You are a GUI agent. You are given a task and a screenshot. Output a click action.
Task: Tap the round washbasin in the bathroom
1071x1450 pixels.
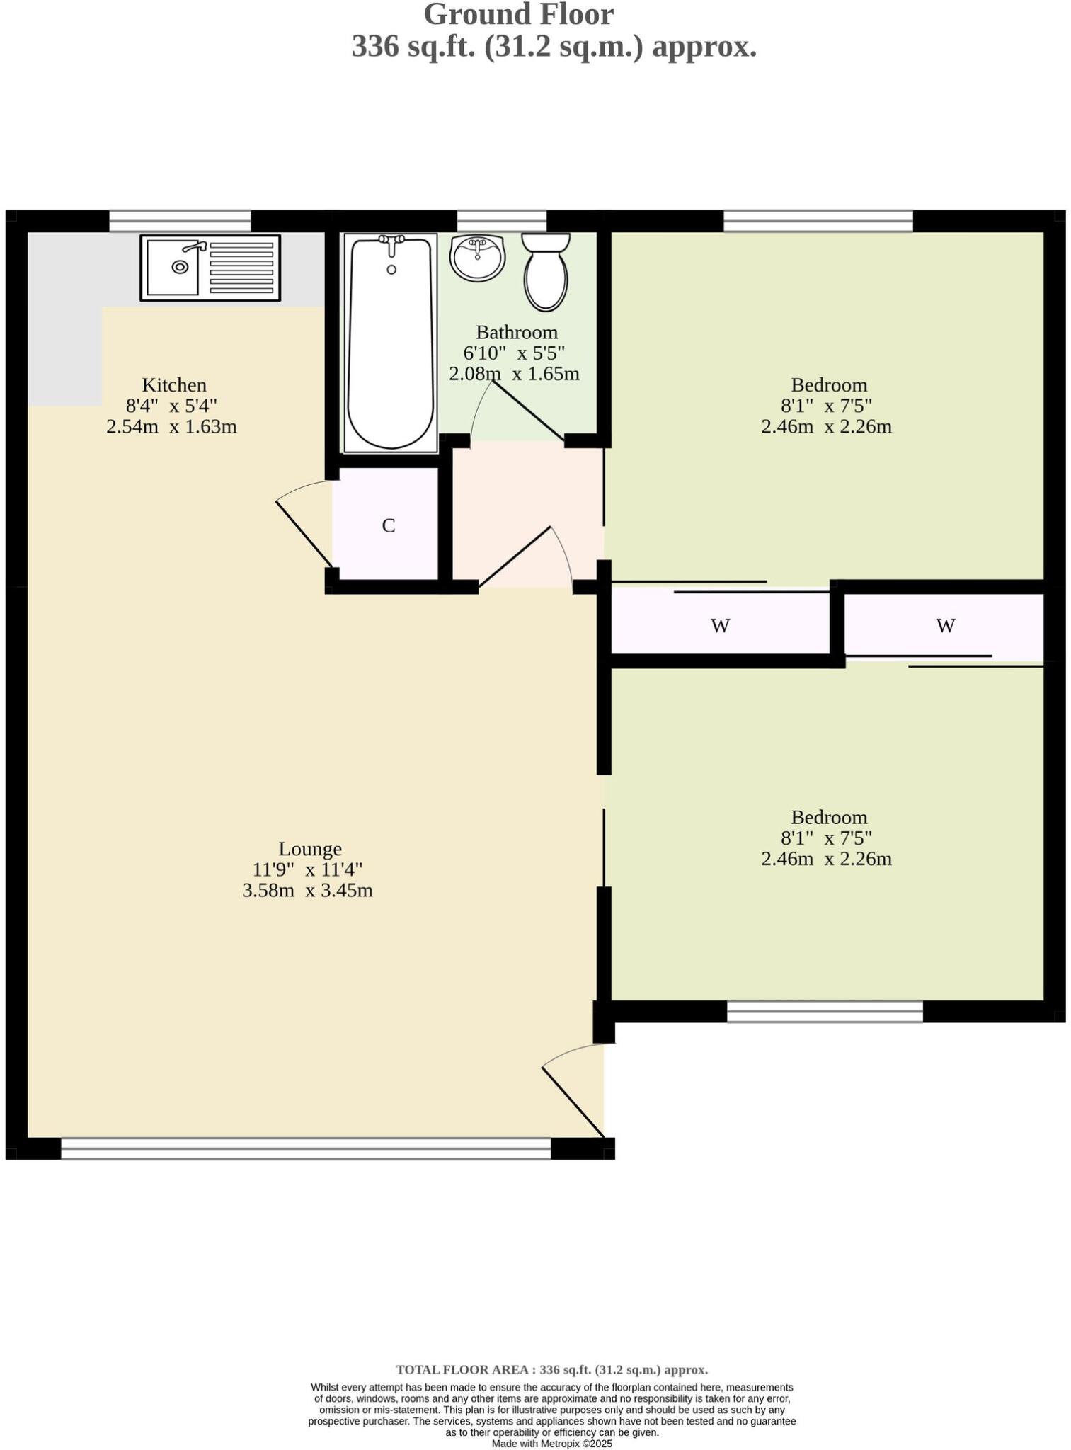click(x=478, y=258)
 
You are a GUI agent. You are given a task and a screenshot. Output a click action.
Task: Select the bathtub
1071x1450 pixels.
click(x=391, y=343)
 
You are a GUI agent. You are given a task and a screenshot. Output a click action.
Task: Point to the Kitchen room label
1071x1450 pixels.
click(x=174, y=385)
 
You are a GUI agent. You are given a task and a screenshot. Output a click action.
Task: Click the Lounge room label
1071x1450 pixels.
click(x=310, y=849)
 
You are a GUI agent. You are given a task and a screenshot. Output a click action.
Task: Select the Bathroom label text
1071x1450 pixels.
click(x=516, y=332)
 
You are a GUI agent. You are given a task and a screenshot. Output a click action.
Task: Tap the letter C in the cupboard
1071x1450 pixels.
click(x=388, y=526)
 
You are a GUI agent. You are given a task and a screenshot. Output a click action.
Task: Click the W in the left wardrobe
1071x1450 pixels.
click(x=720, y=626)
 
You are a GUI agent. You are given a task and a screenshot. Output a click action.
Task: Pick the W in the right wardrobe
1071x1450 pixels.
click(x=946, y=626)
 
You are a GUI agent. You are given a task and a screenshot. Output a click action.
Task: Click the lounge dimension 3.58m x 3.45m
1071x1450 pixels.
click(x=307, y=891)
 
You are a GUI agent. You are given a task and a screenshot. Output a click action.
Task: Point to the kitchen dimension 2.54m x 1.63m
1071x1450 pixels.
click(x=171, y=427)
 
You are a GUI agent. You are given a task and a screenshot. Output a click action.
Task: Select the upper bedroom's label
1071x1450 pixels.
click(x=828, y=385)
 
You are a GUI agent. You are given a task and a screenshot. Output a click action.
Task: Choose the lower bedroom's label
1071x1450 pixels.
click(x=828, y=817)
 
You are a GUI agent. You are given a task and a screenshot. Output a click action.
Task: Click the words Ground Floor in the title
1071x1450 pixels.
click(x=518, y=14)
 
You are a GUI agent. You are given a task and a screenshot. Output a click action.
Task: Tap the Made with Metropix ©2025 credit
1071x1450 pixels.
click(x=551, y=1444)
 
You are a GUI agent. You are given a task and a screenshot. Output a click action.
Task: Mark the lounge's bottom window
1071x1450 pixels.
click(x=306, y=1148)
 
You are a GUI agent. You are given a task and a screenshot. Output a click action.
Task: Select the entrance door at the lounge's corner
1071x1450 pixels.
click(x=573, y=1102)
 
